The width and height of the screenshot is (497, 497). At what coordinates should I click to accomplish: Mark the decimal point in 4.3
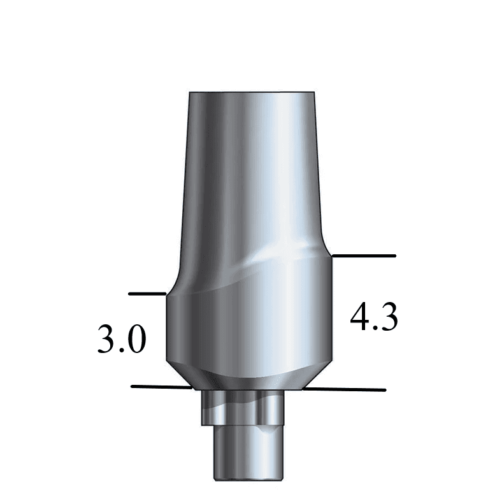375,328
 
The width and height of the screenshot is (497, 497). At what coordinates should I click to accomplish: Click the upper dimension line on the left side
147,294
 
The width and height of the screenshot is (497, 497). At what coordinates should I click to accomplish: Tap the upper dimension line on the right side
364,256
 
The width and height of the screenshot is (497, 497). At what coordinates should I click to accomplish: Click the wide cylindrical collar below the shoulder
248,325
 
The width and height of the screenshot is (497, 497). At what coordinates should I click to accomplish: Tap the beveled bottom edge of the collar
248,376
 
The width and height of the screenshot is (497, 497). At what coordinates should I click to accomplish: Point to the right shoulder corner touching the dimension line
332,256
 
